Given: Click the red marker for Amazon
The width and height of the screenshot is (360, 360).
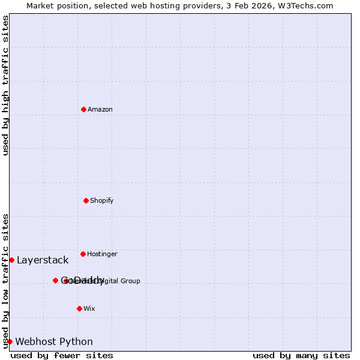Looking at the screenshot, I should click(83, 109).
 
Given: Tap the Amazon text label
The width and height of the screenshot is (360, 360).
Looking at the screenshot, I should click(100, 110).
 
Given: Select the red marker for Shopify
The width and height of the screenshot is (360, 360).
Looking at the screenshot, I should click(86, 200).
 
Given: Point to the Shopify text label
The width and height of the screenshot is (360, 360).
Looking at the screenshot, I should click(102, 201).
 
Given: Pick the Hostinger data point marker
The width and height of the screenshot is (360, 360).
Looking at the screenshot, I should click(83, 254).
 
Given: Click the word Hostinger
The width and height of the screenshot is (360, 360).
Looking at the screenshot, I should click(103, 254).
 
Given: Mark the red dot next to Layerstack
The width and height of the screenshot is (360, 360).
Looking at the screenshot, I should click(11, 260).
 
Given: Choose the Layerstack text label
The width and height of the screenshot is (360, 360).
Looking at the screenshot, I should click(43, 260).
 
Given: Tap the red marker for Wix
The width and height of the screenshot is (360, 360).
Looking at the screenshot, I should click(79, 308).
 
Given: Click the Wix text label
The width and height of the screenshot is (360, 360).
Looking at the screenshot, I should click(89, 309).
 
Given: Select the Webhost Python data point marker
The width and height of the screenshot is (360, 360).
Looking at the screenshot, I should click(10, 341).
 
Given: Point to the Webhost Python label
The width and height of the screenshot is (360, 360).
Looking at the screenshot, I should click(54, 342).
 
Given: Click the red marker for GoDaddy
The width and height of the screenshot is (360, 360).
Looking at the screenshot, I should click(55, 280).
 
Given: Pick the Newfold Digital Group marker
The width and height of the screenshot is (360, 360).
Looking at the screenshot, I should click(66, 281).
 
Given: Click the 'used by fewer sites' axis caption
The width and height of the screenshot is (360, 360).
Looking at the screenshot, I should click(62, 356).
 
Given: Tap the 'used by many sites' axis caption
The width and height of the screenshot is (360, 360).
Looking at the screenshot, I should click(301, 356).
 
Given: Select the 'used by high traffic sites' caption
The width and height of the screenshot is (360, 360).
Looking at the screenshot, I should click(5, 85).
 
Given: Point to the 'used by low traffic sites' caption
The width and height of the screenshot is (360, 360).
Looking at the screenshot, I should click(5, 281).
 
